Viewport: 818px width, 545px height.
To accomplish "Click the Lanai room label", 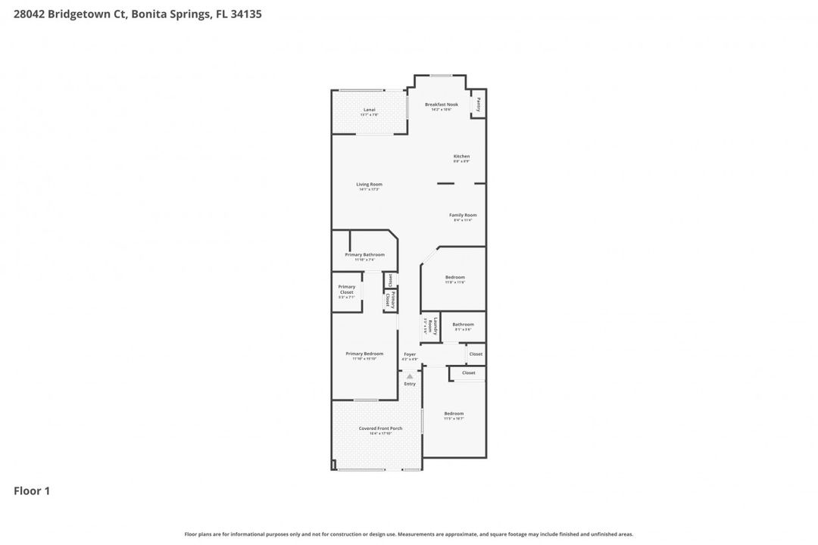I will [370, 110].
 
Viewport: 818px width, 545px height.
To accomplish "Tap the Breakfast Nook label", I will [441, 104].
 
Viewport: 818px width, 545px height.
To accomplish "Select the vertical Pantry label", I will [478, 104].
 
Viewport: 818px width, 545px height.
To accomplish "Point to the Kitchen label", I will [461, 157].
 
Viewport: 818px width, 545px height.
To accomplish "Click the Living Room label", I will [370, 184].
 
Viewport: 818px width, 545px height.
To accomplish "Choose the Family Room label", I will [462, 215].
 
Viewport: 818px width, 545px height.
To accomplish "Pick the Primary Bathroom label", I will [364, 254].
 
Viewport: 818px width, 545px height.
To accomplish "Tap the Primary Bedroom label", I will [364, 353].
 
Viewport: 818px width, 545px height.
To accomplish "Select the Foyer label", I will [410, 353].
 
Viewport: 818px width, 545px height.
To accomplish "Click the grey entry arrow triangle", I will [410, 375].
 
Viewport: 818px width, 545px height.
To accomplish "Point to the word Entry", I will [410, 384].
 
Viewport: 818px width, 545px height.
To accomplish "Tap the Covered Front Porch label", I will [380, 428].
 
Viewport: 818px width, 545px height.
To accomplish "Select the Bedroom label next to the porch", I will [454, 413].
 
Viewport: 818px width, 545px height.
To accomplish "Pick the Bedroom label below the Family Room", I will [454, 277].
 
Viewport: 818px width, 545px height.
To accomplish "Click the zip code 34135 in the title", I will [246, 14].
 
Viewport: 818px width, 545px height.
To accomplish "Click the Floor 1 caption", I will [32, 491].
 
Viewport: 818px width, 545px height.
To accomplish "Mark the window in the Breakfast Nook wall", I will [441, 75].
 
